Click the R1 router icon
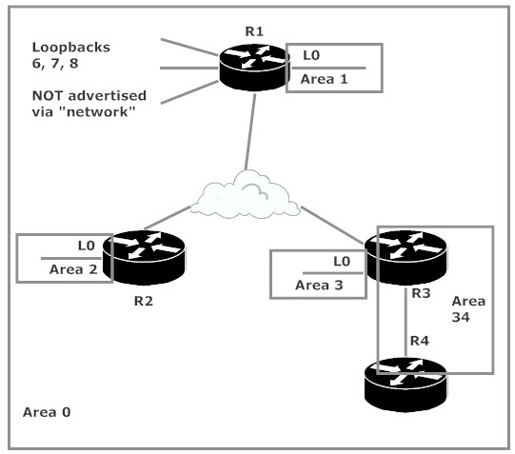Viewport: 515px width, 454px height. (x=254, y=68)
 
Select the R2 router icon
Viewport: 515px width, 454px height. (x=144, y=258)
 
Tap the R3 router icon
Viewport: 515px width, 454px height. (x=406, y=258)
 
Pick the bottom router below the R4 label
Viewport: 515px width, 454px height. (x=406, y=385)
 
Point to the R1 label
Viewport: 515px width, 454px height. (x=254, y=31)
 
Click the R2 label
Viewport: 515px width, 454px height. (x=144, y=301)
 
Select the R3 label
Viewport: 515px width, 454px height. (x=421, y=293)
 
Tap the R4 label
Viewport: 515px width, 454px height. (x=420, y=341)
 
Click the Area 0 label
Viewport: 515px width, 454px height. (x=47, y=412)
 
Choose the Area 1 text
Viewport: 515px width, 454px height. (x=325, y=79)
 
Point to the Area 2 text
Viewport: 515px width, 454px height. (x=73, y=269)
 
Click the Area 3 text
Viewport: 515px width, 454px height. (x=319, y=285)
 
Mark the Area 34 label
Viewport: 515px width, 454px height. (x=468, y=309)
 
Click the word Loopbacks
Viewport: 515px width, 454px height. (x=71, y=48)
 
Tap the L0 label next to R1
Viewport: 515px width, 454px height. (x=311, y=55)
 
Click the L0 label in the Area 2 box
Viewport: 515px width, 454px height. (x=87, y=246)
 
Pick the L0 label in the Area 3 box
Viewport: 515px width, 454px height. (x=342, y=262)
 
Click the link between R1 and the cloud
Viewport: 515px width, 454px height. (x=250, y=132)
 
